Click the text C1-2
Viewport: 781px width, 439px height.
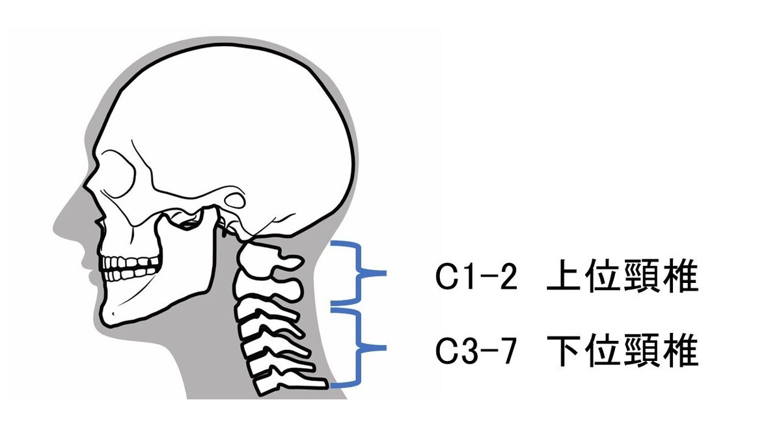click(x=477, y=279)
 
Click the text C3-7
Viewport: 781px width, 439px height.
click(x=477, y=353)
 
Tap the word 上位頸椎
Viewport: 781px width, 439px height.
click(x=622, y=279)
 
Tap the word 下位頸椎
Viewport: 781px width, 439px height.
click(x=622, y=353)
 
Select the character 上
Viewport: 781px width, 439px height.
click(x=564, y=279)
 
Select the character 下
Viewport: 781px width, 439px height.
click(x=564, y=353)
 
